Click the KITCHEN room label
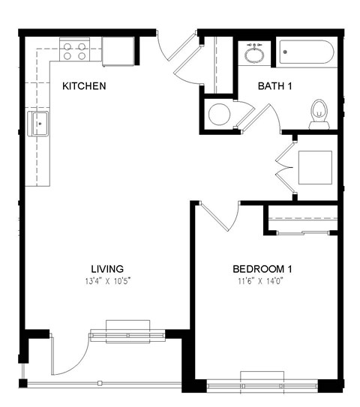click(83, 86)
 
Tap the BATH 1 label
click(274, 86)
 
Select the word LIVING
click(107, 269)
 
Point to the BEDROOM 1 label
click(262, 269)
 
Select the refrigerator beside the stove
click(118, 51)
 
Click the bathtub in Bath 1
click(306, 54)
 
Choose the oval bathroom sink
click(254, 55)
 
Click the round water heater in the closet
click(219, 115)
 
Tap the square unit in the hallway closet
click(315, 167)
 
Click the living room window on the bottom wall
click(127, 331)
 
